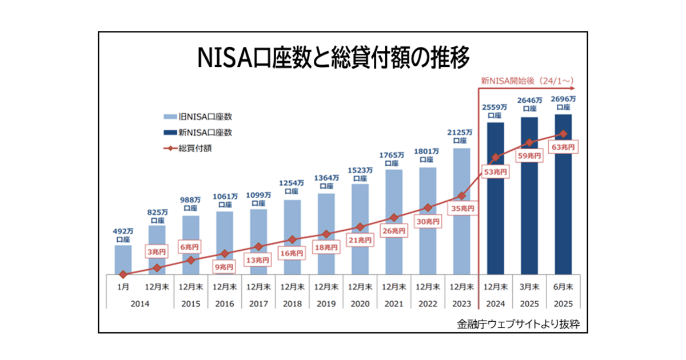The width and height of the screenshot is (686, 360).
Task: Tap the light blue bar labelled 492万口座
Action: pos(123,258)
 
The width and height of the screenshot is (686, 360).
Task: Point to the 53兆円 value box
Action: pos(495,171)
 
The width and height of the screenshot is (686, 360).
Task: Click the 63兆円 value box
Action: pos(563,147)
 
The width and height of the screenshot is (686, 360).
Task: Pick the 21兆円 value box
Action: pos(360,241)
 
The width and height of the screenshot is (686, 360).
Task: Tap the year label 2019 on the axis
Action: pos(326,304)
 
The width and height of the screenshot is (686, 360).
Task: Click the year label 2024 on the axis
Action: pos(495,304)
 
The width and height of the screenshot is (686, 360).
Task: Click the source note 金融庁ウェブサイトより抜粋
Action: pos(519,324)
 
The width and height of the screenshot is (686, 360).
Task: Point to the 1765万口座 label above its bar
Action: pos(393,158)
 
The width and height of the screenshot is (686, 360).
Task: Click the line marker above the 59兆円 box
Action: pos(529,142)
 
